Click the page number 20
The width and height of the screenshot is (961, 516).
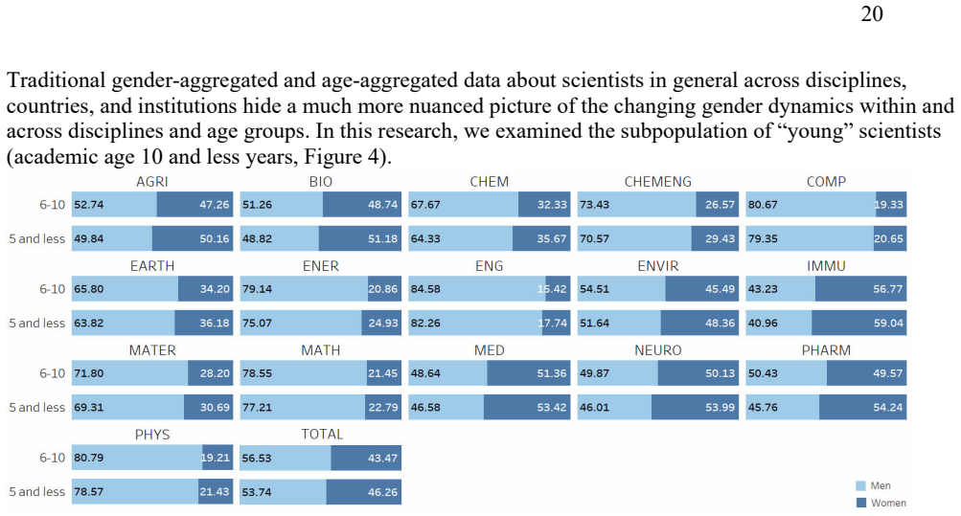coord(872,13)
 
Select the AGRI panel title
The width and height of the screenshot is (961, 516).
coord(152,182)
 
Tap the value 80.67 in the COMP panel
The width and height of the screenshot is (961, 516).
coord(763,205)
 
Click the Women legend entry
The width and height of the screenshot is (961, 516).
coord(881,503)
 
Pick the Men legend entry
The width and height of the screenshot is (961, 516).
coord(873,485)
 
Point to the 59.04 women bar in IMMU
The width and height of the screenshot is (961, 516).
coord(858,323)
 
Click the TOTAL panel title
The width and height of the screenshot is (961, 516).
coord(322,434)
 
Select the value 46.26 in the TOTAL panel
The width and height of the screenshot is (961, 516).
coord(382,492)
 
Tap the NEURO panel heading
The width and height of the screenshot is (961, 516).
coord(657,350)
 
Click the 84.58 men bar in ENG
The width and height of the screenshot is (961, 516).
coord(477,289)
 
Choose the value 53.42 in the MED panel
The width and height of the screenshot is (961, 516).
coord(552,407)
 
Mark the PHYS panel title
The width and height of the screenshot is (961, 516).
coord(152,435)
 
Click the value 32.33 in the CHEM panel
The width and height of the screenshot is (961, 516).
coord(552,205)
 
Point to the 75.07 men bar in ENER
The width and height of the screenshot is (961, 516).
coord(304,323)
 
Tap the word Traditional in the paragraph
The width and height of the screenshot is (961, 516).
coord(57,80)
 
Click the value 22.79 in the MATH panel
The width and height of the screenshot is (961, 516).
coord(383,407)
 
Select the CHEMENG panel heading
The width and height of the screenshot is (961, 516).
coord(657,182)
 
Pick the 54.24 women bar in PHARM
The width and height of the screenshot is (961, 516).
coord(863,407)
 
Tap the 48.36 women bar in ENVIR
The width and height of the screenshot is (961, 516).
coord(699,323)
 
